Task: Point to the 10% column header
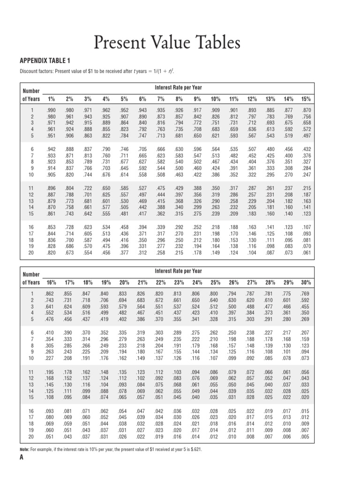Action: coord(216,99)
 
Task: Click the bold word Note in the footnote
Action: coord(26,462)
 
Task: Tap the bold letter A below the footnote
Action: coord(22,471)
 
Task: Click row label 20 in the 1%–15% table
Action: coord(31,252)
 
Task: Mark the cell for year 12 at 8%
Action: coord(179,194)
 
